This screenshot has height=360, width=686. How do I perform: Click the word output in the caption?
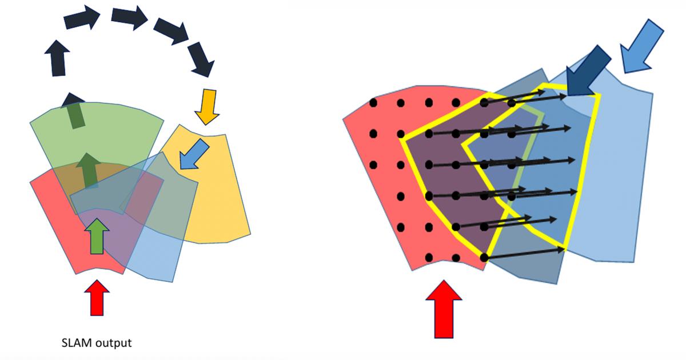114,343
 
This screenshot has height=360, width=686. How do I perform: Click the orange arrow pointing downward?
206,106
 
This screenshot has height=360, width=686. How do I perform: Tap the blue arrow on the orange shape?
194,155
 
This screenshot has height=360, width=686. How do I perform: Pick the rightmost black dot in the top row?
512,103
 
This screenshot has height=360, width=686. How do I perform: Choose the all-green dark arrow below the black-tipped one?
89,170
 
